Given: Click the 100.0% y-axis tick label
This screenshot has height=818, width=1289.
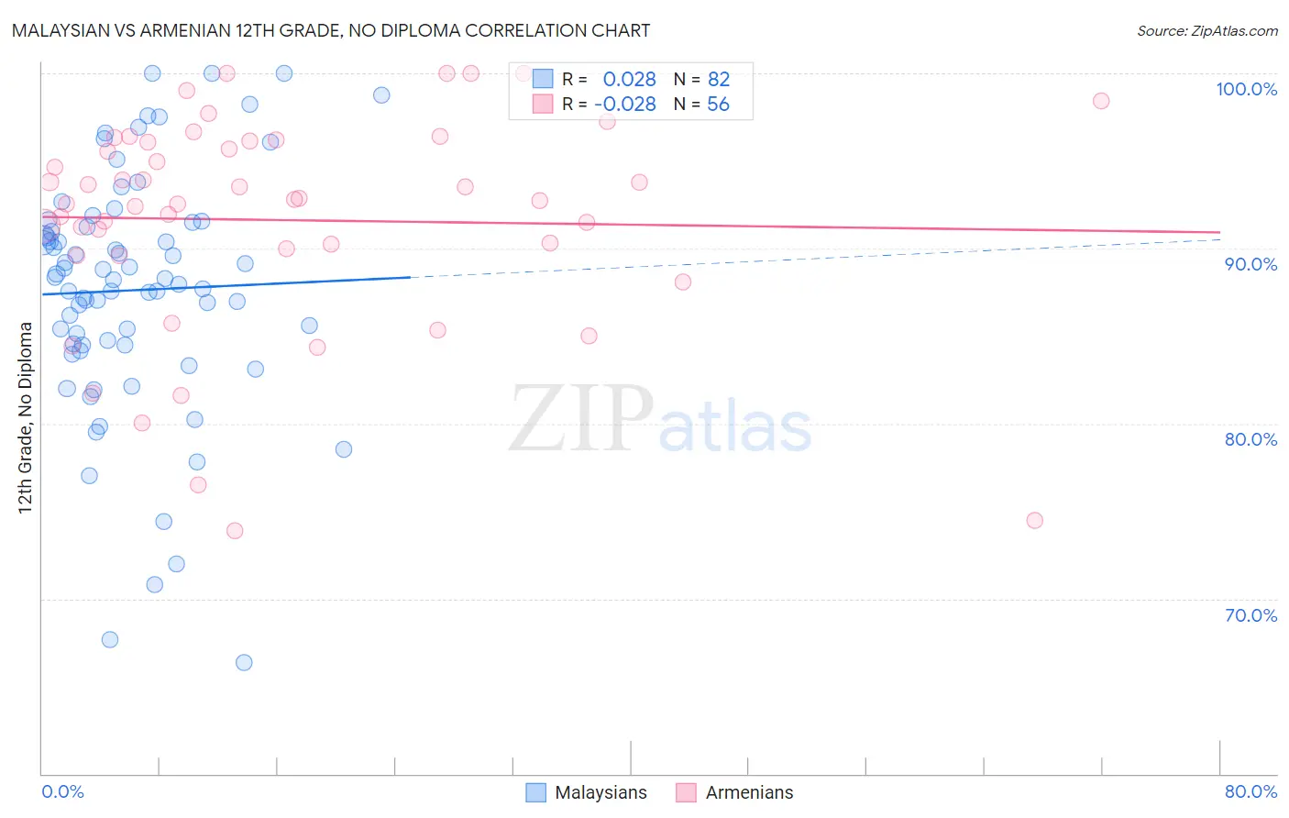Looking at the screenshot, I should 1246,89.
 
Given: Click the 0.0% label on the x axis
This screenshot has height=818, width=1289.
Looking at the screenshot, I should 62,791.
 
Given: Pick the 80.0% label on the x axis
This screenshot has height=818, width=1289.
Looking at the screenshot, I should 1250,791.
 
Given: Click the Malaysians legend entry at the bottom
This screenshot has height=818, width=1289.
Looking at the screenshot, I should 600,792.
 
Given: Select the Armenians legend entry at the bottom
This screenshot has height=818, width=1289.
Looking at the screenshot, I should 749,792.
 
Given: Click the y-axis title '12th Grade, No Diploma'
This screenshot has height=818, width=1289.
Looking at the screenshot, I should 26,417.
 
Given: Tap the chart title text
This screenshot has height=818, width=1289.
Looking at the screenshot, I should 331,30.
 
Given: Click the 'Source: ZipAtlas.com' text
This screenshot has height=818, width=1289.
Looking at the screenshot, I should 1206,30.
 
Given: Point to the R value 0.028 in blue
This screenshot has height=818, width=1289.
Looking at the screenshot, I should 629,80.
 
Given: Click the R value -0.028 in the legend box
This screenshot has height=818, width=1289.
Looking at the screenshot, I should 625,105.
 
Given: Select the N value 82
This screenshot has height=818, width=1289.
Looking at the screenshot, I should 719,80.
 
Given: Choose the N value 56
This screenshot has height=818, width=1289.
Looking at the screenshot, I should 718,105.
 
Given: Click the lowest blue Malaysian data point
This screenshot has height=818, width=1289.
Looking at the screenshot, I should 244,662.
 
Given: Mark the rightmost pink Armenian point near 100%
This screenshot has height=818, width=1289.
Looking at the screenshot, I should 1101,101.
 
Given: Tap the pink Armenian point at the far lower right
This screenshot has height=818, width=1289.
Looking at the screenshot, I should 1035,520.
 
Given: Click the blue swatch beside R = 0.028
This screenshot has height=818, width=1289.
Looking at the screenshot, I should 543,79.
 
